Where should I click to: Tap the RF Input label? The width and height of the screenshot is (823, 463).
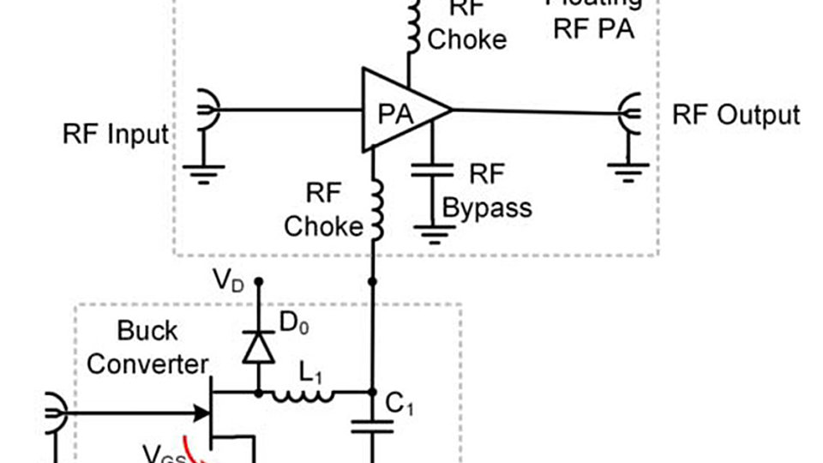coord(116,135)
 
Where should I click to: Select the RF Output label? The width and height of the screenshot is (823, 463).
coord(736,115)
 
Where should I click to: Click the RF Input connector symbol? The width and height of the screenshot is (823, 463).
coord(207,110)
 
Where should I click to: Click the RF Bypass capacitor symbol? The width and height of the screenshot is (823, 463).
coord(431,172)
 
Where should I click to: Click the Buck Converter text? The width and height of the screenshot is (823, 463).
coord(147,346)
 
